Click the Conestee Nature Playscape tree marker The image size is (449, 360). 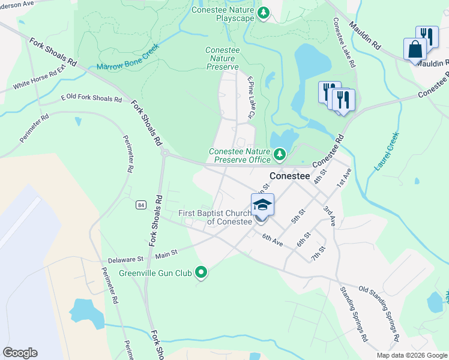pos(263,13)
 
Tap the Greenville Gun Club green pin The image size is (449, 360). pos(202,273)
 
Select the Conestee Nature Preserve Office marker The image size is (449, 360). pos(279,155)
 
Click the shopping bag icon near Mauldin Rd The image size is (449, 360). pos(415,49)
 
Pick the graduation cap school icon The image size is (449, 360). pos(262,205)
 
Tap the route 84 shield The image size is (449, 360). pos(140,205)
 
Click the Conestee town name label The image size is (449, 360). pos(289,176)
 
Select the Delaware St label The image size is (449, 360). pos(125,260)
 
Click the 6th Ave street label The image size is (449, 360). pos(273,239)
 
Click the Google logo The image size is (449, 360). pos(20,353)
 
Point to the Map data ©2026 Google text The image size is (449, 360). pos(412,355)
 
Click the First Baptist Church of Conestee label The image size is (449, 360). pos(215,217)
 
